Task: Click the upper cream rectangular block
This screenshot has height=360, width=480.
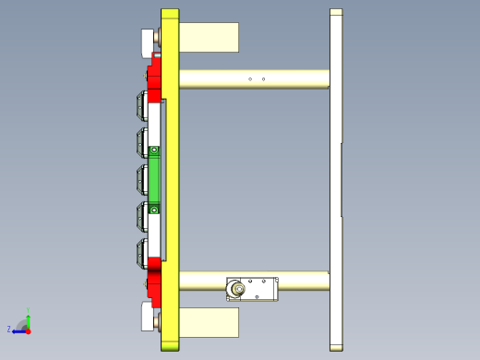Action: (209, 38)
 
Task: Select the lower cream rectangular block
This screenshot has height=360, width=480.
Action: (209, 322)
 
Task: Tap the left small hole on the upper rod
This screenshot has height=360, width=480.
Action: (250, 79)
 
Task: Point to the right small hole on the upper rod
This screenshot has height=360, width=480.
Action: (264, 79)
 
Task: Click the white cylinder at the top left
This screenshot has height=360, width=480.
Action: (148, 42)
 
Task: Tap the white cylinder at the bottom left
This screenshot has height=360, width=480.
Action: (148, 317)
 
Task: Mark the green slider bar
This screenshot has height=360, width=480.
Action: (155, 179)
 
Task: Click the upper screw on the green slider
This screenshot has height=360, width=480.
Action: (155, 150)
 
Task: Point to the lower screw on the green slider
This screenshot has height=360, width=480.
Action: (155, 209)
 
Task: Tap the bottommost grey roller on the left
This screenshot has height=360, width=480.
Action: (142, 253)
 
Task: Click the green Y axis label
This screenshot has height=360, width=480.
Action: (29, 310)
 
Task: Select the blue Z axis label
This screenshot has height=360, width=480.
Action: (9, 329)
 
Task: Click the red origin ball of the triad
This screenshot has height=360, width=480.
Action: (28, 330)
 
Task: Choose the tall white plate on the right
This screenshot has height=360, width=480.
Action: (336, 180)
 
